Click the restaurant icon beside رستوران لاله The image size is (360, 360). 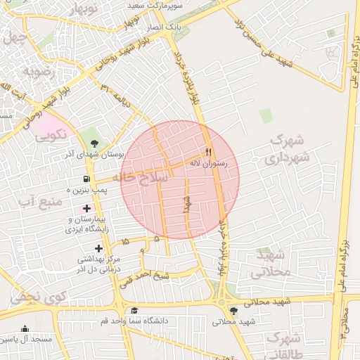coord(208,152)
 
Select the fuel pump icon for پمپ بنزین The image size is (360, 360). coord(86,179)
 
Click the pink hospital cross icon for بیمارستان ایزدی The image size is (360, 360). coord(87,208)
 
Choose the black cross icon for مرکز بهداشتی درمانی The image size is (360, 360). coord(98,247)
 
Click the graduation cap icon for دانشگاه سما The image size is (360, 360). coord(134,310)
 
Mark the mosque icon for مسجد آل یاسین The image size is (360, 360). coord(25,329)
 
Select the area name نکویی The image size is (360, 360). coord(51,132)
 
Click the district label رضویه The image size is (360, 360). coord(38,71)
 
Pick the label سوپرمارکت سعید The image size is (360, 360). coord(160,4)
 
